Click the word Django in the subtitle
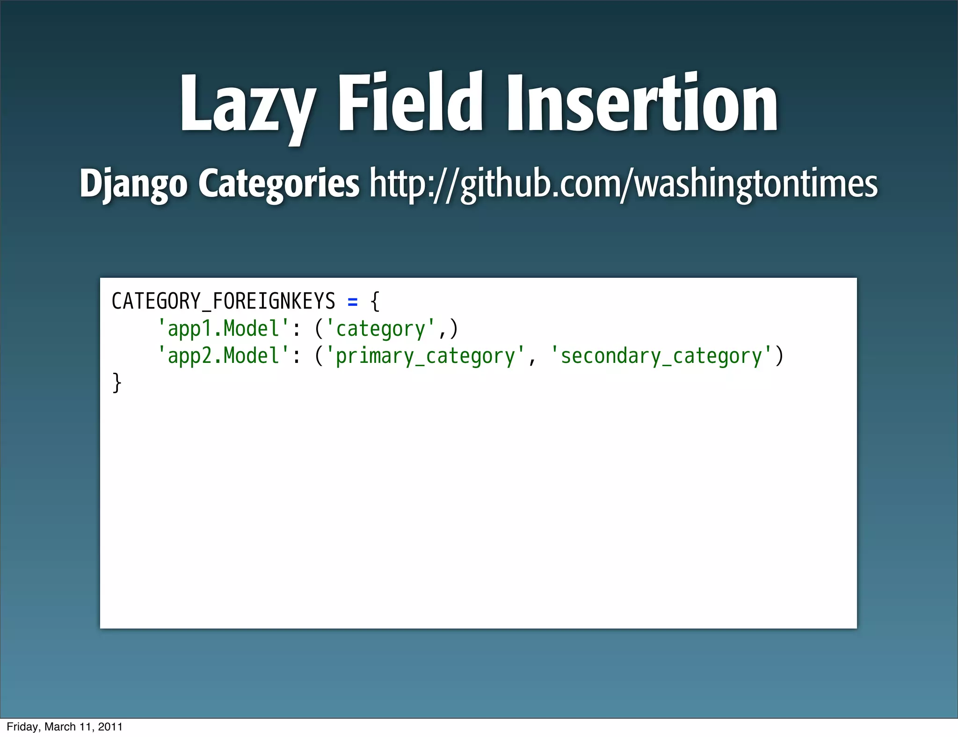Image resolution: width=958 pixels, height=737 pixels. (133, 184)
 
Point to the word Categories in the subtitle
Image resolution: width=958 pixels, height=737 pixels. (279, 184)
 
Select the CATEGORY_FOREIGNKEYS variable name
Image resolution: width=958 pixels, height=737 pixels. (223, 301)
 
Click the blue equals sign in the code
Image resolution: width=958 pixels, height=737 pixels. (353, 302)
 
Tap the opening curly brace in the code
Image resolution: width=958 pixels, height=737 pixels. (375, 301)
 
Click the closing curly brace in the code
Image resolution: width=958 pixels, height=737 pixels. (117, 383)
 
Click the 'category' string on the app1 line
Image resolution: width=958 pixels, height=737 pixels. (380, 329)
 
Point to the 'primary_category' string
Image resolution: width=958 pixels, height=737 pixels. (425, 356)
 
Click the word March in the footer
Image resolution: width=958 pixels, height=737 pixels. (60, 727)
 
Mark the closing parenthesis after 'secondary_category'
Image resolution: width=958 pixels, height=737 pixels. (779, 356)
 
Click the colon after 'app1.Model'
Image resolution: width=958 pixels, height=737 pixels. (296, 330)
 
